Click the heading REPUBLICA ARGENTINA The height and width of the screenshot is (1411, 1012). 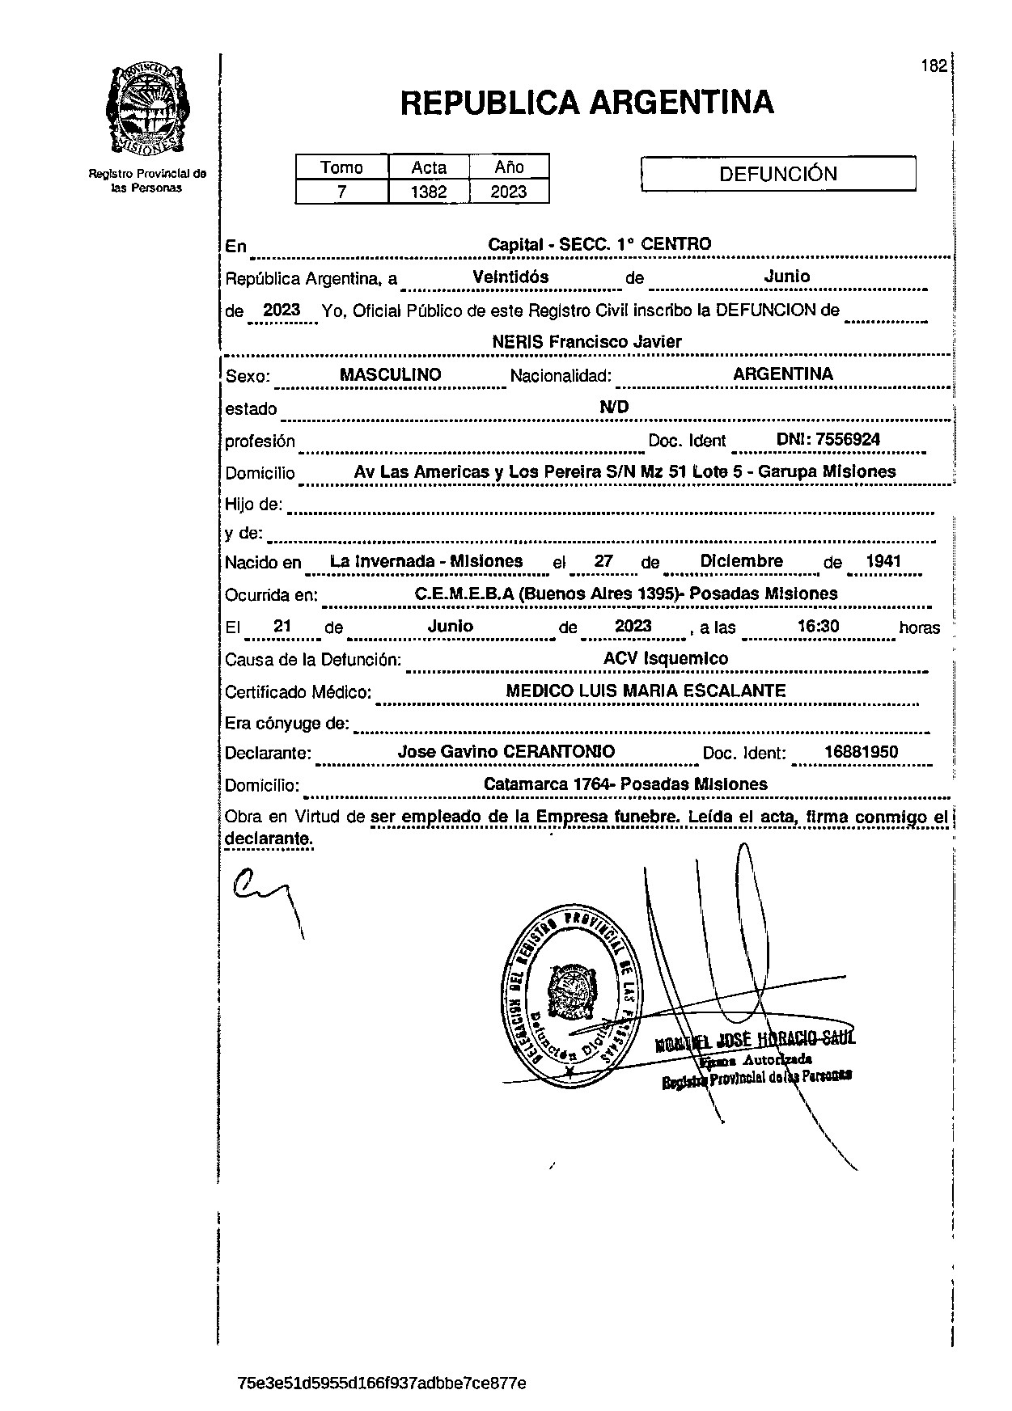586,103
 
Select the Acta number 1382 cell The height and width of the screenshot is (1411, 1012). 428,192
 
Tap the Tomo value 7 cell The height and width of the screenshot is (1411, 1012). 341,192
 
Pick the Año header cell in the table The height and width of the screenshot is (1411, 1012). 509,167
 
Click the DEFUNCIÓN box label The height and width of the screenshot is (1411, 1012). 777,174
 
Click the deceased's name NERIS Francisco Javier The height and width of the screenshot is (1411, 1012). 586,342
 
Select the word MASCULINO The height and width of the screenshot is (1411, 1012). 390,375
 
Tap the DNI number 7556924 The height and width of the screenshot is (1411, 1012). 848,440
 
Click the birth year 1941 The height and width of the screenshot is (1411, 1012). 883,561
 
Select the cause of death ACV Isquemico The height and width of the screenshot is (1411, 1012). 665,658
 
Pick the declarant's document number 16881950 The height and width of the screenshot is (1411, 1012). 861,752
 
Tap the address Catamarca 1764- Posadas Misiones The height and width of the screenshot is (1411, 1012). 625,784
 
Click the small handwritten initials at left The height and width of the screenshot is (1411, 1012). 263,893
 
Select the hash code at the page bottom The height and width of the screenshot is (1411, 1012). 382,1383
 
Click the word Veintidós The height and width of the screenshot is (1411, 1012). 510,277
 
